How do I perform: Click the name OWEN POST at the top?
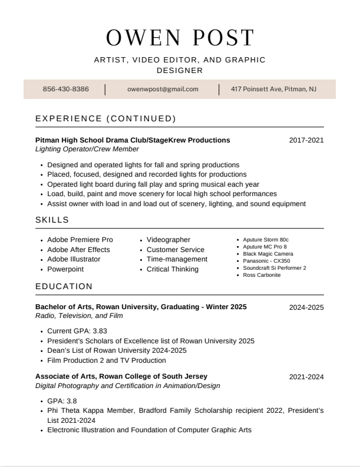tap(180, 38)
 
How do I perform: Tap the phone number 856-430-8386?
tap(66, 89)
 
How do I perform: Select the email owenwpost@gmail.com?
tap(163, 89)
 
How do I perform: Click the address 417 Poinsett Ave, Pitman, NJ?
tap(273, 89)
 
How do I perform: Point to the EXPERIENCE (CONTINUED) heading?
tap(105, 118)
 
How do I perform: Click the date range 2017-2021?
tap(306, 140)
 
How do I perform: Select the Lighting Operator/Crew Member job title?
tap(87, 150)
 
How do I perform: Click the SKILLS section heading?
tap(52, 220)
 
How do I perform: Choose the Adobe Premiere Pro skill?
tap(80, 240)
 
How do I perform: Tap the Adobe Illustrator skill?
tap(74, 259)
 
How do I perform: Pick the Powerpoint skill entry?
tap(65, 269)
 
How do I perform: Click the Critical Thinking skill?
tap(173, 269)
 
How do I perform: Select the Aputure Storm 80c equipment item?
tap(266, 240)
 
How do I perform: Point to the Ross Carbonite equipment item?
tap(262, 275)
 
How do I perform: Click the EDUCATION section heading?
tap(64, 286)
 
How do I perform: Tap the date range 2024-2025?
tap(306, 307)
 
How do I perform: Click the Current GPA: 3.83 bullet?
tap(77, 331)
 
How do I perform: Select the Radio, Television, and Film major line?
tap(79, 316)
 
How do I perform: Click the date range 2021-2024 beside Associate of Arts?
tap(306, 377)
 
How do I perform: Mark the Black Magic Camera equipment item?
tap(267, 254)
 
